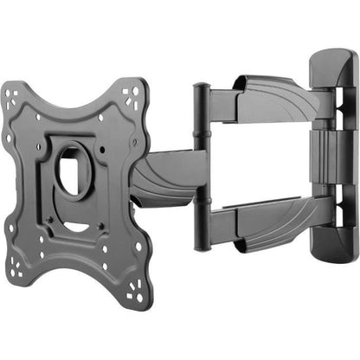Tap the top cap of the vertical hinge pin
tap(201, 87)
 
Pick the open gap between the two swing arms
tap(260, 160)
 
